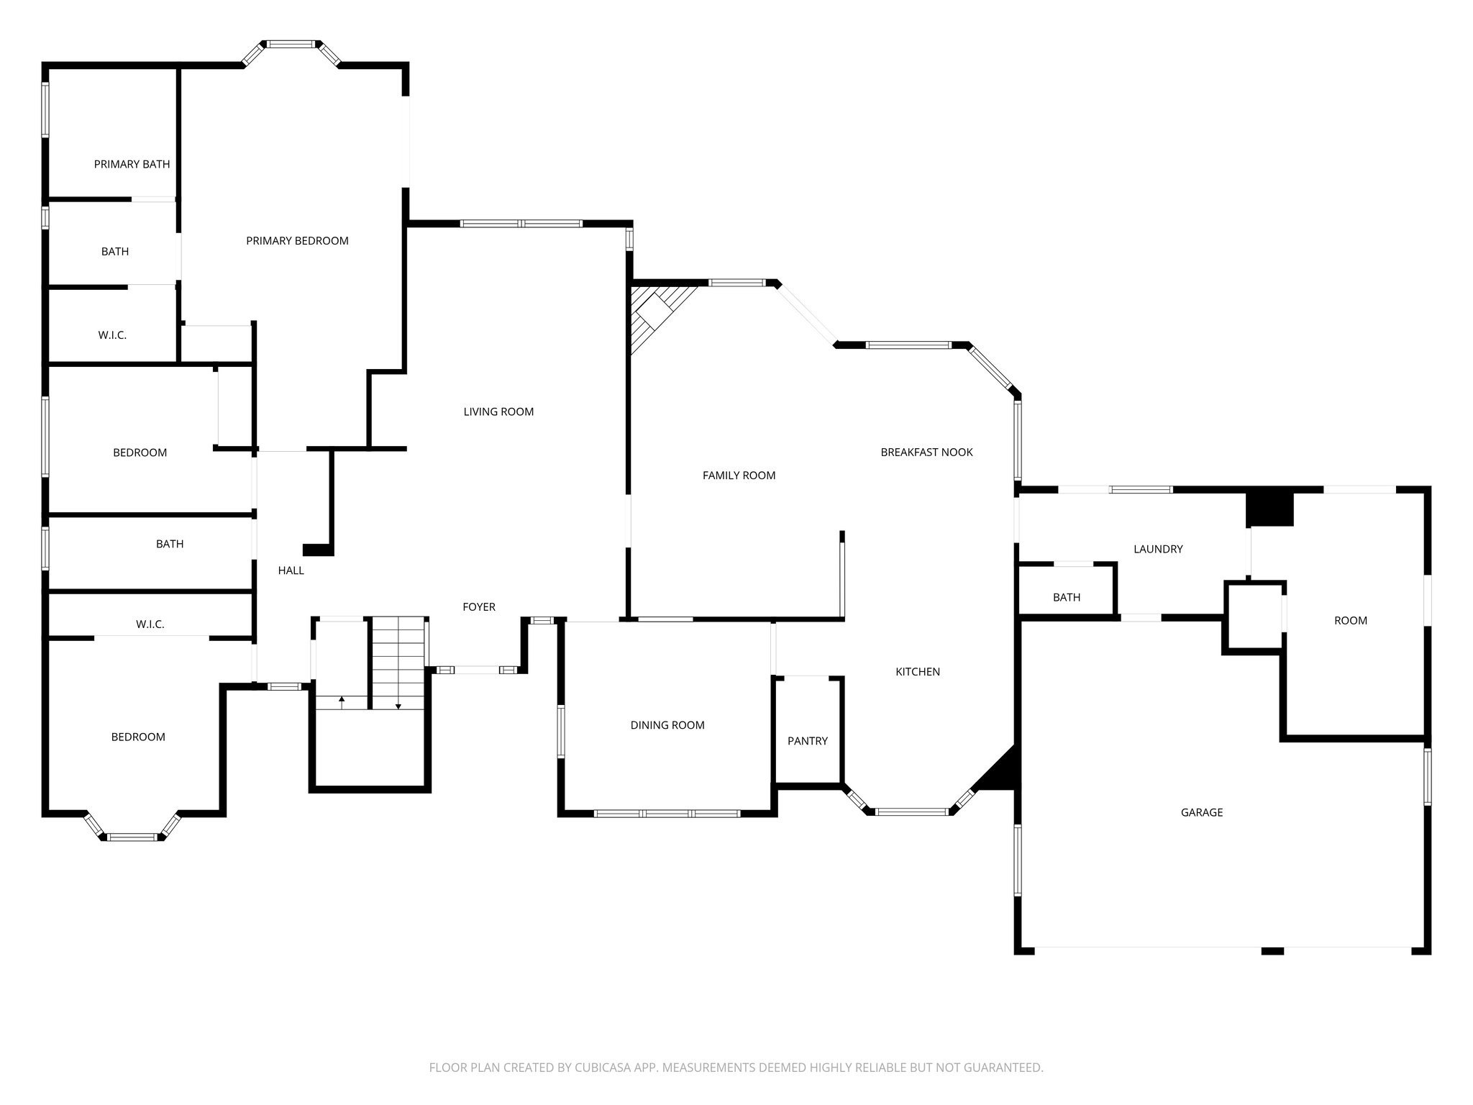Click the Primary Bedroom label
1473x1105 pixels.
297,241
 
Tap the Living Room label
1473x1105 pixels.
498,411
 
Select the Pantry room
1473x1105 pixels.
807,740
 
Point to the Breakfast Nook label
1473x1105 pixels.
926,452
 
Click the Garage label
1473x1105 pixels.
1201,812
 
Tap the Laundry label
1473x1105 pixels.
1157,549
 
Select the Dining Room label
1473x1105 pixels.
667,725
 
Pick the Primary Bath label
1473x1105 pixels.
132,164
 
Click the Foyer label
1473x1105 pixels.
478,607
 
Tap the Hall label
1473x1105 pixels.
291,570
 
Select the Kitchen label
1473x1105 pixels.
917,672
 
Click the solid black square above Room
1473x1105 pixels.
1269,509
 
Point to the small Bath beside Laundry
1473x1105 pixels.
1066,597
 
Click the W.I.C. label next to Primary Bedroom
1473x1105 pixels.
112,335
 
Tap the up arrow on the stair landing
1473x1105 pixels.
342,699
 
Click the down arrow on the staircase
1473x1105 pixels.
398,706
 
